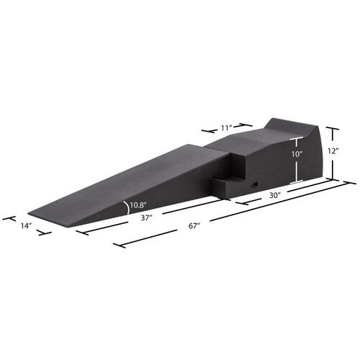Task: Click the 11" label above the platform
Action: point(226,128)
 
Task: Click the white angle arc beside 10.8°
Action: point(127,207)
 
